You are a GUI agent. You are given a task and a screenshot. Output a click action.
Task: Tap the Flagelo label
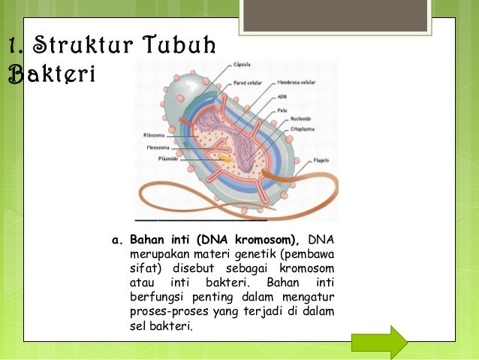point(321,160)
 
